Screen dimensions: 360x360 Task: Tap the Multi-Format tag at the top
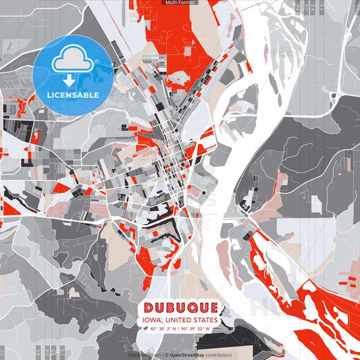tap(180, 3)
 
